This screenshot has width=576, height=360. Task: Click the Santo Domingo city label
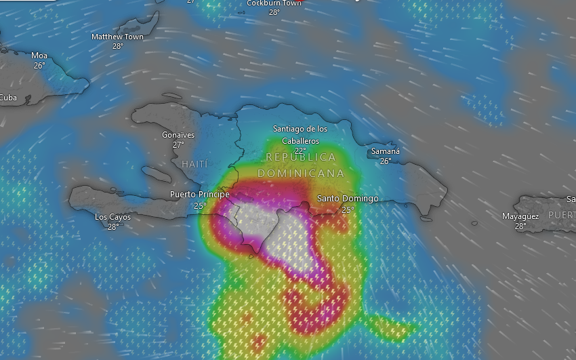click(x=348, y=199)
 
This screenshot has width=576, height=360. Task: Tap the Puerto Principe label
click(x=199, y=195)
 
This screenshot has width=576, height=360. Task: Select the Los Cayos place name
click(x=112, y=217)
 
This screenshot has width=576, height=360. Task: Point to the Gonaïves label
click(x=178, y=135)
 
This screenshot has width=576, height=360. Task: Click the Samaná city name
click(x=386, y=151)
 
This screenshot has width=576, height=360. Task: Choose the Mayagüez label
click(x=520, y=216)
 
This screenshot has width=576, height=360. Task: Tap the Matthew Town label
click(x=117, y=37)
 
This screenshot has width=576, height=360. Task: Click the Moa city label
click(x=39, y=56)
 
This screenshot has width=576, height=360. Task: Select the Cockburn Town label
click(x=274, y=3)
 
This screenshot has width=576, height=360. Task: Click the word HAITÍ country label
click(x=196, y=164)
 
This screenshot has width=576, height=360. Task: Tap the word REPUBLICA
click(x=301, y=157)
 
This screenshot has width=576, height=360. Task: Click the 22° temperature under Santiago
click(x=300, y=151)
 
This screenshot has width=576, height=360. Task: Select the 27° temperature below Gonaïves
click(x=178, y=144)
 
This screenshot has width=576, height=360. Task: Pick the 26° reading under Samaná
click(x=386, y=161)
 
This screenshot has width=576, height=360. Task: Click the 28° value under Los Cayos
click(x=112, y=226)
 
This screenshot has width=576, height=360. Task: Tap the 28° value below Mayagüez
click(x=520, y=226)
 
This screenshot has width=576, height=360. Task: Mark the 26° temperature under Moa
click(x=39, y=65)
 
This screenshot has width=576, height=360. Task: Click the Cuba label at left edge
click(x=8, y=98)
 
